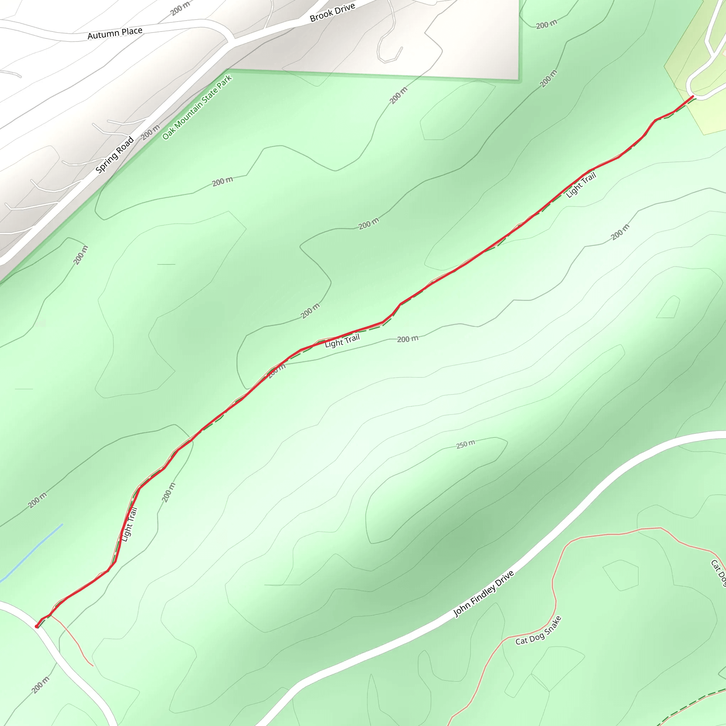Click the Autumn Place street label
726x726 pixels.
115,33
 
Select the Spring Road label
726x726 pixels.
115,155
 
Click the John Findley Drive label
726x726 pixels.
484,594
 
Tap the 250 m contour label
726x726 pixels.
465,445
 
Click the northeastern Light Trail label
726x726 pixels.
581,185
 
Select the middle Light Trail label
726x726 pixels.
342,341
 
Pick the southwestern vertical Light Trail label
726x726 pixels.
130,525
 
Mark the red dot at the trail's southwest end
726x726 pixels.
37,626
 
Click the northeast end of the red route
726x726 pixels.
693,97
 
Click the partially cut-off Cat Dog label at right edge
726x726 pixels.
718,573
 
